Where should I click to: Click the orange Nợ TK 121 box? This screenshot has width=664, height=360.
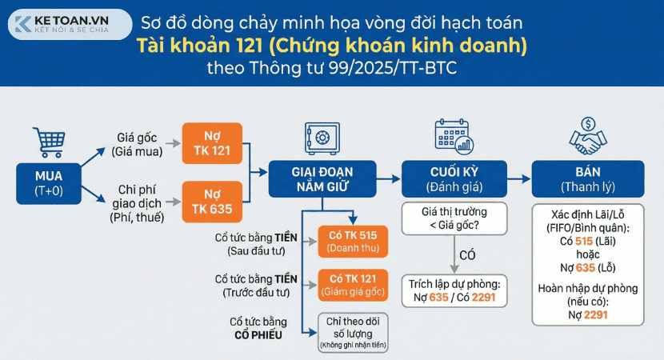point(210,141)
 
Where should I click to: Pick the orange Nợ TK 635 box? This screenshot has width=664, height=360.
point(210,199)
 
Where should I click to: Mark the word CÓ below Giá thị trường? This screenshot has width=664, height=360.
point(468,255)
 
